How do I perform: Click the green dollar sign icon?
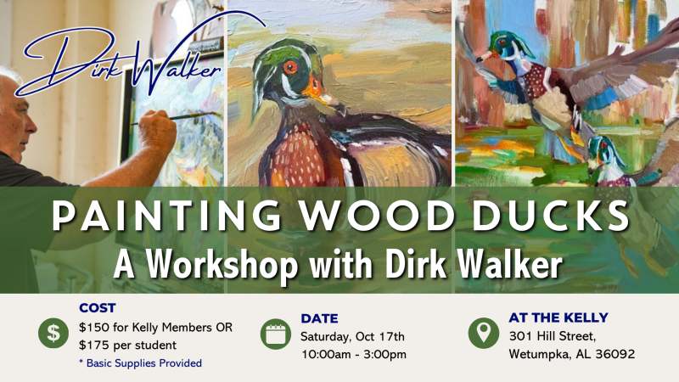[53, 333]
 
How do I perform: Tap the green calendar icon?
[275, 334]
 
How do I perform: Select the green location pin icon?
[483, 334]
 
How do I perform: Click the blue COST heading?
[98, 308]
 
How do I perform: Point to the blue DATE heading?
[319, 318]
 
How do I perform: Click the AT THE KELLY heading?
[558, 317]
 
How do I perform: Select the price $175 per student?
[128, 345]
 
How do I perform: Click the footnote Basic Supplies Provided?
[140, 363]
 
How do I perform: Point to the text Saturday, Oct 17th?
[352, 336]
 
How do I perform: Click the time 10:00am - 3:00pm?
[354, 354]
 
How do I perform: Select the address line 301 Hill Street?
[553, 336]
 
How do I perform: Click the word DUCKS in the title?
[550, 216]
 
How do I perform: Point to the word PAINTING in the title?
[166, 216]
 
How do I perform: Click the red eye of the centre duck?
[290, 67]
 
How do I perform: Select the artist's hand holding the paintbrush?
[157, 131]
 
